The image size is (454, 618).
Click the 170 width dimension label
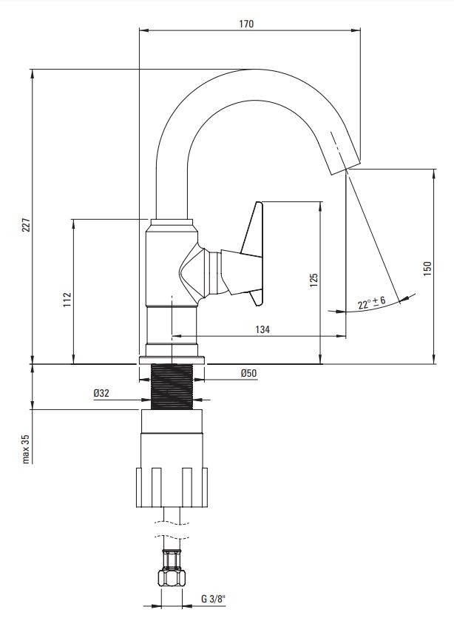(x=246, y=24)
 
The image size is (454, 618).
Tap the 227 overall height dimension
(x=26, y=225)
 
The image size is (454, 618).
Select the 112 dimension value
(x=67, y=300)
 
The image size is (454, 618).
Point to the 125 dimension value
(x=314, y=280)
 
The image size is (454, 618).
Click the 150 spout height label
(x=427, y=269)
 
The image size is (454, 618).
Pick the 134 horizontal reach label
(x=262, y=329)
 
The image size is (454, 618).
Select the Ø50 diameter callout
(x=249, y=373)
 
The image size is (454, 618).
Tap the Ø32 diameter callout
(x=101, y=393)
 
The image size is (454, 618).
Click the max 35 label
(x=26, y=449)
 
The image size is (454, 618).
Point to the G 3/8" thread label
(x=214, y=599)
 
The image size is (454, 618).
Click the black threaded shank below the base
(x=172, y=386)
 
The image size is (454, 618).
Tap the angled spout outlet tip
(x=344, y=167)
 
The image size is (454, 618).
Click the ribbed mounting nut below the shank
(x=172, y=487)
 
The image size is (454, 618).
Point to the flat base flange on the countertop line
(x=172, y=360)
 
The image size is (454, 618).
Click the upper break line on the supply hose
(x=172, y=523)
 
